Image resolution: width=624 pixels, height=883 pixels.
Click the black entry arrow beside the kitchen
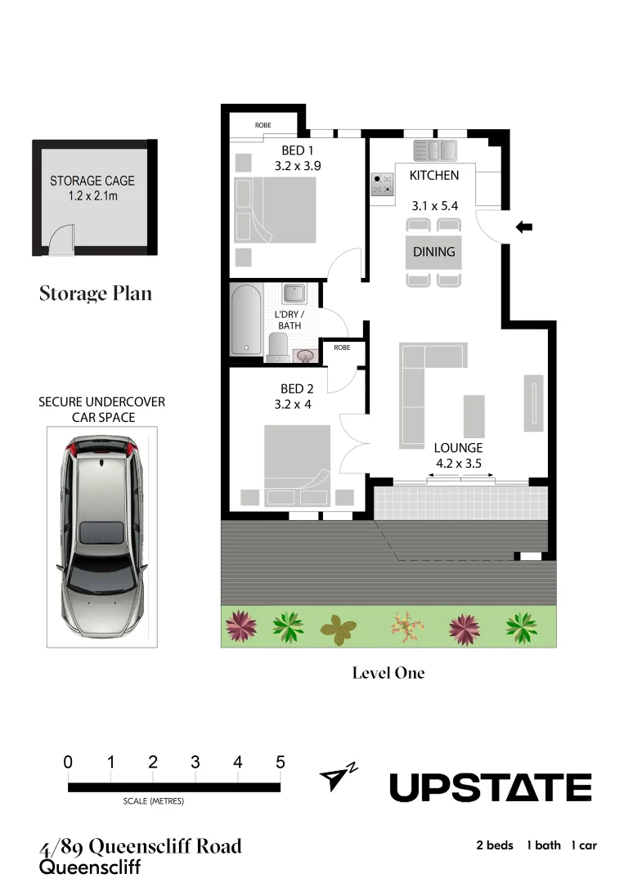click(x=524, y=227)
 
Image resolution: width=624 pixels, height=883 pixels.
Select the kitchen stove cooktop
click(x=382, y=184)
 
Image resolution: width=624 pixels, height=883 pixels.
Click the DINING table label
click(x=433, y=252)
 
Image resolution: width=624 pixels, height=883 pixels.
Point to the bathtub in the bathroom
click(x=245, y=320)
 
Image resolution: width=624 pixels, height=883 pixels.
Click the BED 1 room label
click(x=298, y=150)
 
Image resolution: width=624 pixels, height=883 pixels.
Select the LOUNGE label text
click(x=458, y=448)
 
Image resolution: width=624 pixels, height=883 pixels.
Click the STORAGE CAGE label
click(x=92, y=181)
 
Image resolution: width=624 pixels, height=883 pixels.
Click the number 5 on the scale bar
click(x=281, y=762)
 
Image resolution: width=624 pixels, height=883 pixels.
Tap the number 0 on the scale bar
click(x=68, y=762)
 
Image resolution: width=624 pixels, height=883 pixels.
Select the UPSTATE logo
click(x=490, y=787)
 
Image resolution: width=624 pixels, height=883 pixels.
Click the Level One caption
click(x=388, y=673)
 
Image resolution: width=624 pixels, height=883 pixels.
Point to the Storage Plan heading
click(x=96, y=294)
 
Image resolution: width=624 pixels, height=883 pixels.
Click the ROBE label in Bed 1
click(x=263, y=125)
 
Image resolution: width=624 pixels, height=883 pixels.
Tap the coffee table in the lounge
click(x=474, y=416)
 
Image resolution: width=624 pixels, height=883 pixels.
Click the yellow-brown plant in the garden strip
click(x=338, y=628)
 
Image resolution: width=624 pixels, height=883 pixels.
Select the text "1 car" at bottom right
click(x=584, y=845)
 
